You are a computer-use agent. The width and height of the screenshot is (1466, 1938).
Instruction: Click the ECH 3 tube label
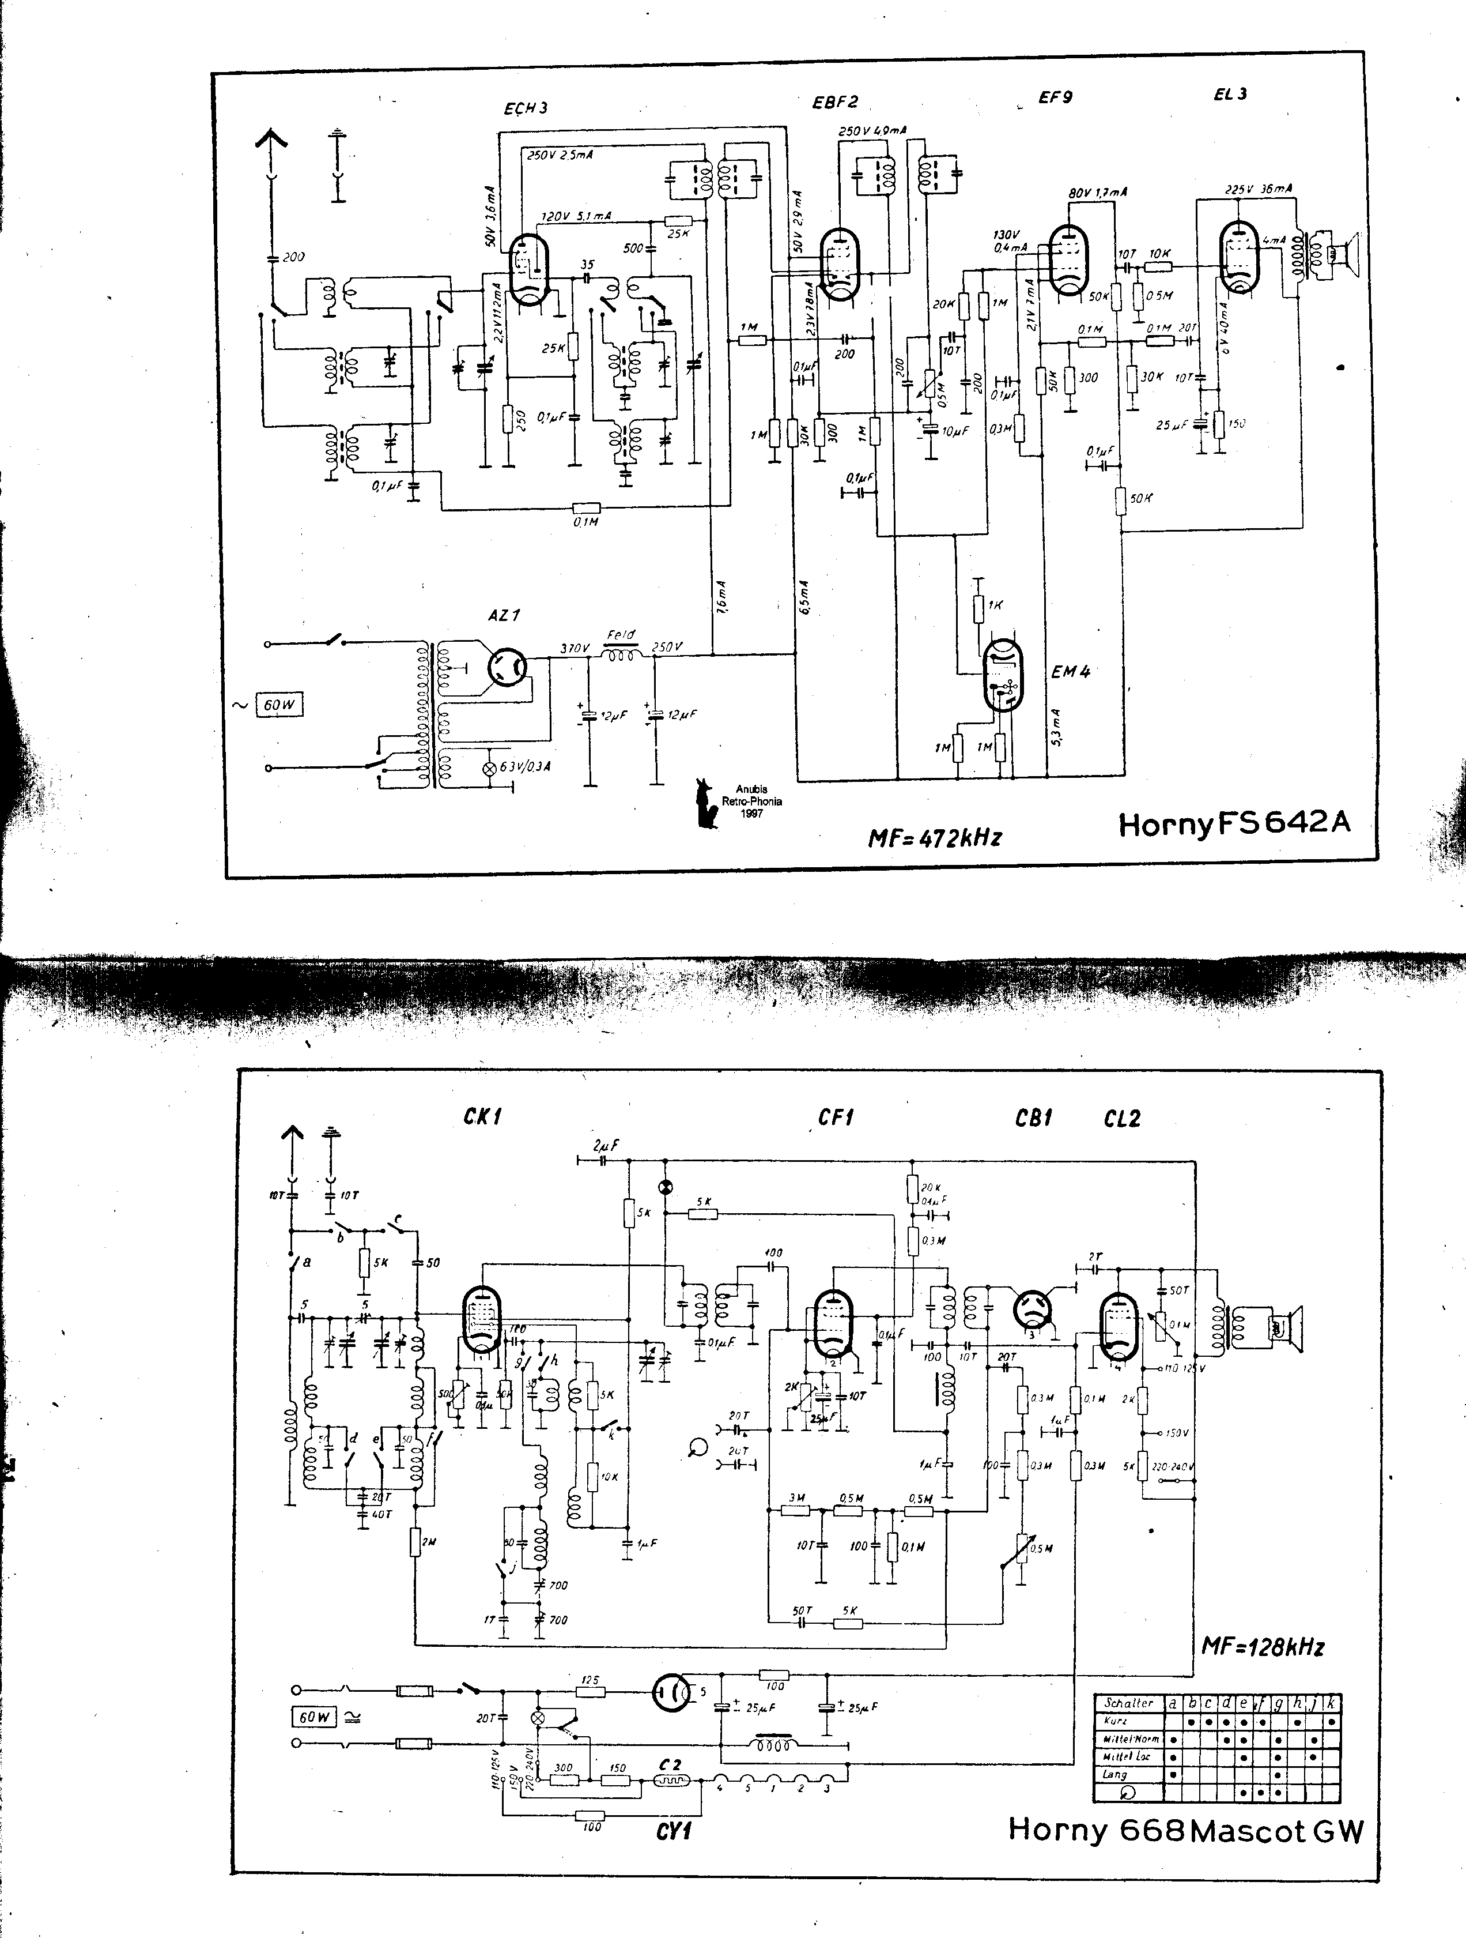526,108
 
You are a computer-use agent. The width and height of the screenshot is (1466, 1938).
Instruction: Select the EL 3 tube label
1230,95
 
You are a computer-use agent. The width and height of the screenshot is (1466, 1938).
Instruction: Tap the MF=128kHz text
1262,1647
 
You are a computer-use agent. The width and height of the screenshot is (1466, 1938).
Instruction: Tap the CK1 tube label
482,1117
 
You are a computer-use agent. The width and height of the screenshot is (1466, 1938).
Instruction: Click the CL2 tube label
1122,1119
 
